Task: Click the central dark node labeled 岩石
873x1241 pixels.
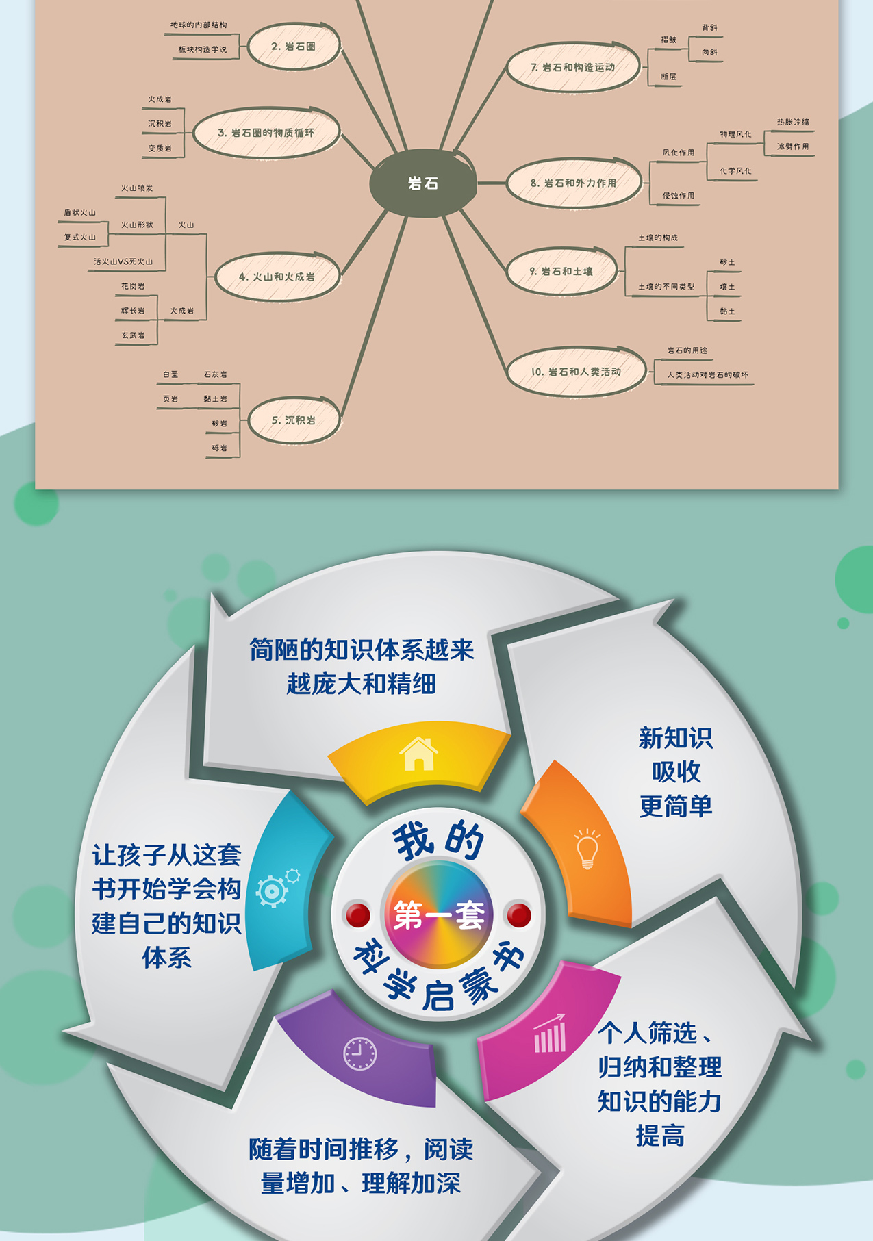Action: pyautogui.click(x=422, y=183)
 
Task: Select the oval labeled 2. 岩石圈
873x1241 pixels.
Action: pyautogui.click(x=293, y=47)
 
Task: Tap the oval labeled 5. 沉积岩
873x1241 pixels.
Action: pyautogui.click(x=293, y=420)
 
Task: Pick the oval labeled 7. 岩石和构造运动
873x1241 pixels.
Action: pyautogui.click(x=572, y=67)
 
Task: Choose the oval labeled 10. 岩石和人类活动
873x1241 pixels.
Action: pyautogui.click(x=576, y=372)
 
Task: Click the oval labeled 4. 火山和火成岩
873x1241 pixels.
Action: pyautogui.click(x=277, y=277)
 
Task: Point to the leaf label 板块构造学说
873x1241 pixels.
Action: pyautogui.click(x=202, y=49)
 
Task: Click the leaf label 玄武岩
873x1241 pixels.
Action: pyautogui.click(x=133, y=335)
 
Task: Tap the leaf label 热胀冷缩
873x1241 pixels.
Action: pyautogui.click(x=792, y=122)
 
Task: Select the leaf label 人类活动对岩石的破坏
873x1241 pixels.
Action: pyautogui.click(x=707, y=375)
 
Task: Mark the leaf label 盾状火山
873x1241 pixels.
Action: pyautogui.click(x=79, y=213)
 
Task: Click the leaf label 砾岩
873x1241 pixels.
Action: pyautogui.click(x=219, y=448)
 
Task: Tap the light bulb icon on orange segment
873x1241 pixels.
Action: pyautogui.click(x=587, y=849)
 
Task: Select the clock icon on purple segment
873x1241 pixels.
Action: pyautogui.click(x=359, y=1053)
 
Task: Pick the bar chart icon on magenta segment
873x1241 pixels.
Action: pyautogui.click(x=550, y=1034)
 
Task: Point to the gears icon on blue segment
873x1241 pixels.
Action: pyautogui.click(x=276, y=888)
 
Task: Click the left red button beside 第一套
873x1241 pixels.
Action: pyautogui.click(x=358, y=915)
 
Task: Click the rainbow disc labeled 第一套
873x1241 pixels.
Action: pyautogui.click(x=438, y=914)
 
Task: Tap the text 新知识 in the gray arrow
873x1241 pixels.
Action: pyautogui.click(x=675, y=738)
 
